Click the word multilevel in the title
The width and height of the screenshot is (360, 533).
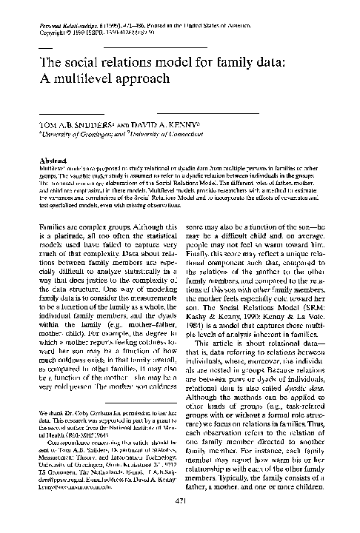(81, 76)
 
